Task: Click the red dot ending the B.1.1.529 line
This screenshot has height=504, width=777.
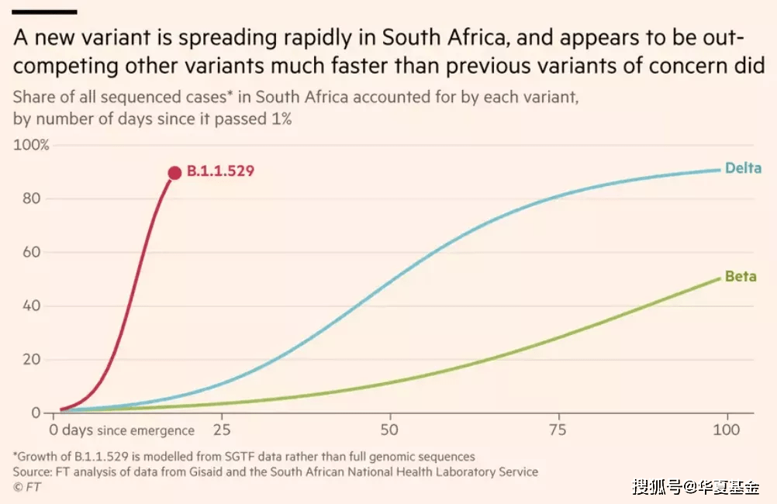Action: [174, 172]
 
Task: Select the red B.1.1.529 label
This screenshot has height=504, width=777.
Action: [220, 172]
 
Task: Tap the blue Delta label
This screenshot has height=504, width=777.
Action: [743, 168]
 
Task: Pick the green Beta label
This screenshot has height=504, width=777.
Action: [740, 277]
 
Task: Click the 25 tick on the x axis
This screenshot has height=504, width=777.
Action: [222, 429]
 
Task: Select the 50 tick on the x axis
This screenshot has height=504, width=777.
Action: [389, 429]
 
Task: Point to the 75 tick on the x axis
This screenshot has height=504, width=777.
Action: [558, 429]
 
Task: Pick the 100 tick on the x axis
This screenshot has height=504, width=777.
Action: [726, 429]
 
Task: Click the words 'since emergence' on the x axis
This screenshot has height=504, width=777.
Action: [145, 430]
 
